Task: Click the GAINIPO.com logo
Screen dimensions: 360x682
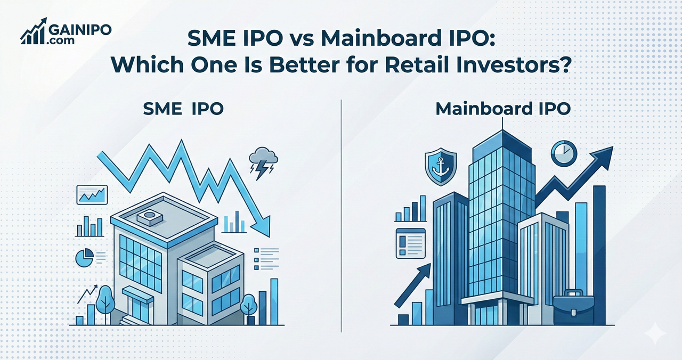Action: (66, 33)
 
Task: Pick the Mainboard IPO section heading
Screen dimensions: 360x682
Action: (503, 109)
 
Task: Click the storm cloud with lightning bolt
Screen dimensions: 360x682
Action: (263, 162)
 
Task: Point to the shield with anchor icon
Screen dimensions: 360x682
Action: (441, 167)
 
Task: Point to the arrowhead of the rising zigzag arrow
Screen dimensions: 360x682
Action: (602, 156)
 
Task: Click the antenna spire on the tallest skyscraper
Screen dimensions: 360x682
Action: (502, 124)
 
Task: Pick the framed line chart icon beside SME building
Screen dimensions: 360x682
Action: (92, 194)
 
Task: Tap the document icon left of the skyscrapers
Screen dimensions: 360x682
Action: (410, 243)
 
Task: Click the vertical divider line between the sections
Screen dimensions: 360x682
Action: (340, 213)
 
